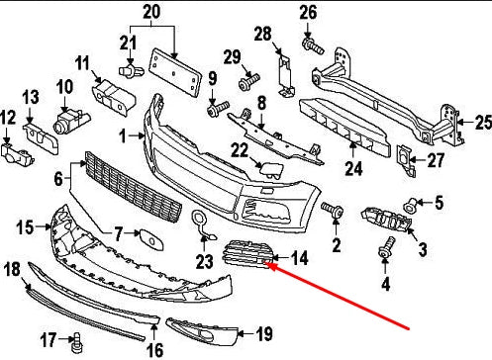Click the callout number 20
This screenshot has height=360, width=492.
tap(151, 12)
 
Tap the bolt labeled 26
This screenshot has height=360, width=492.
tap(313, 46)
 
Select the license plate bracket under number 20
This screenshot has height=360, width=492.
tap(175, 72)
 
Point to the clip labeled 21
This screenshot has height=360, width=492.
tap(131, 70)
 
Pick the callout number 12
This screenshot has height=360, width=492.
tap(8, 118)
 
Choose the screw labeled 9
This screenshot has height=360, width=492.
tap(218, 109)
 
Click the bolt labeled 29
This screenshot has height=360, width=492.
tap(248, 82)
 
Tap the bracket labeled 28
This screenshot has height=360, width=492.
tap(286, 76)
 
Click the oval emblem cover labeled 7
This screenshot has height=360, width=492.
tap(150, 238)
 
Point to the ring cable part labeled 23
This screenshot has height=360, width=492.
tap(202, 225)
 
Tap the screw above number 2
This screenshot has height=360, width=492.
tap(333, 209)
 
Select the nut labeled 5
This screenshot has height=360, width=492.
tap(410, 206)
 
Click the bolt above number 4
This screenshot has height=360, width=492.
tap(386, 247)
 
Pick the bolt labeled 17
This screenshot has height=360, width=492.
tap(76, 342)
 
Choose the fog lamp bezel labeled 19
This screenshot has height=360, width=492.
tap(202, 330)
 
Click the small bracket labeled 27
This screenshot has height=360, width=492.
tap(406, 161)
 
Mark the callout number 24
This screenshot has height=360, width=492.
tap(353, 168)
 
